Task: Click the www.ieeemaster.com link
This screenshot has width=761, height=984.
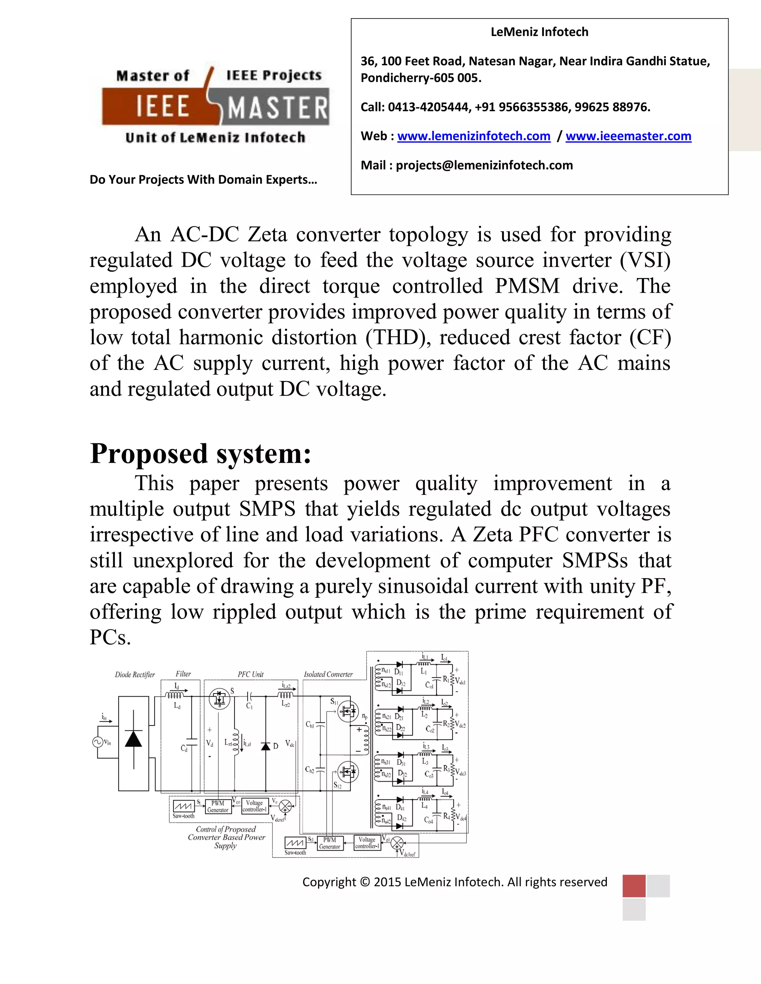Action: tap(628, 136)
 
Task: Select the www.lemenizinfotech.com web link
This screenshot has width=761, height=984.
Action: tap(473, 136)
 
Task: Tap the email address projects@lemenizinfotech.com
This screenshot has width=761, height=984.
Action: tap(484, 165)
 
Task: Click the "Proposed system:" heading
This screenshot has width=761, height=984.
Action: tap(201, 453)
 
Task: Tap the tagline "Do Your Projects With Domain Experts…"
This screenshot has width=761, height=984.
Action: tap(203, 180)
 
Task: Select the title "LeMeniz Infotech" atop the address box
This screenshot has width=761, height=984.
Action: tap(539, 32)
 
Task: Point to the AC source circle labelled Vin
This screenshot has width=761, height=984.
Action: tap(98, 742)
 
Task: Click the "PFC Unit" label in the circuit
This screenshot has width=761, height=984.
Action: tap(251, 674)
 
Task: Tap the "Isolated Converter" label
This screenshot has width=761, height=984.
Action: tap(328, 674)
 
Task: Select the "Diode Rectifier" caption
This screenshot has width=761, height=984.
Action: tap(135, 674)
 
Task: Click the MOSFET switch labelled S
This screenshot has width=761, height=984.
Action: tap(220, 699)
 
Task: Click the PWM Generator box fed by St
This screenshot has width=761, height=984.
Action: tap(218, 807)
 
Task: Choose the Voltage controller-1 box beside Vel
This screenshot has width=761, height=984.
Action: tap(367, 843)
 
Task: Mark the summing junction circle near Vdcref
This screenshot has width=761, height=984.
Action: tap(285, 806)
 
